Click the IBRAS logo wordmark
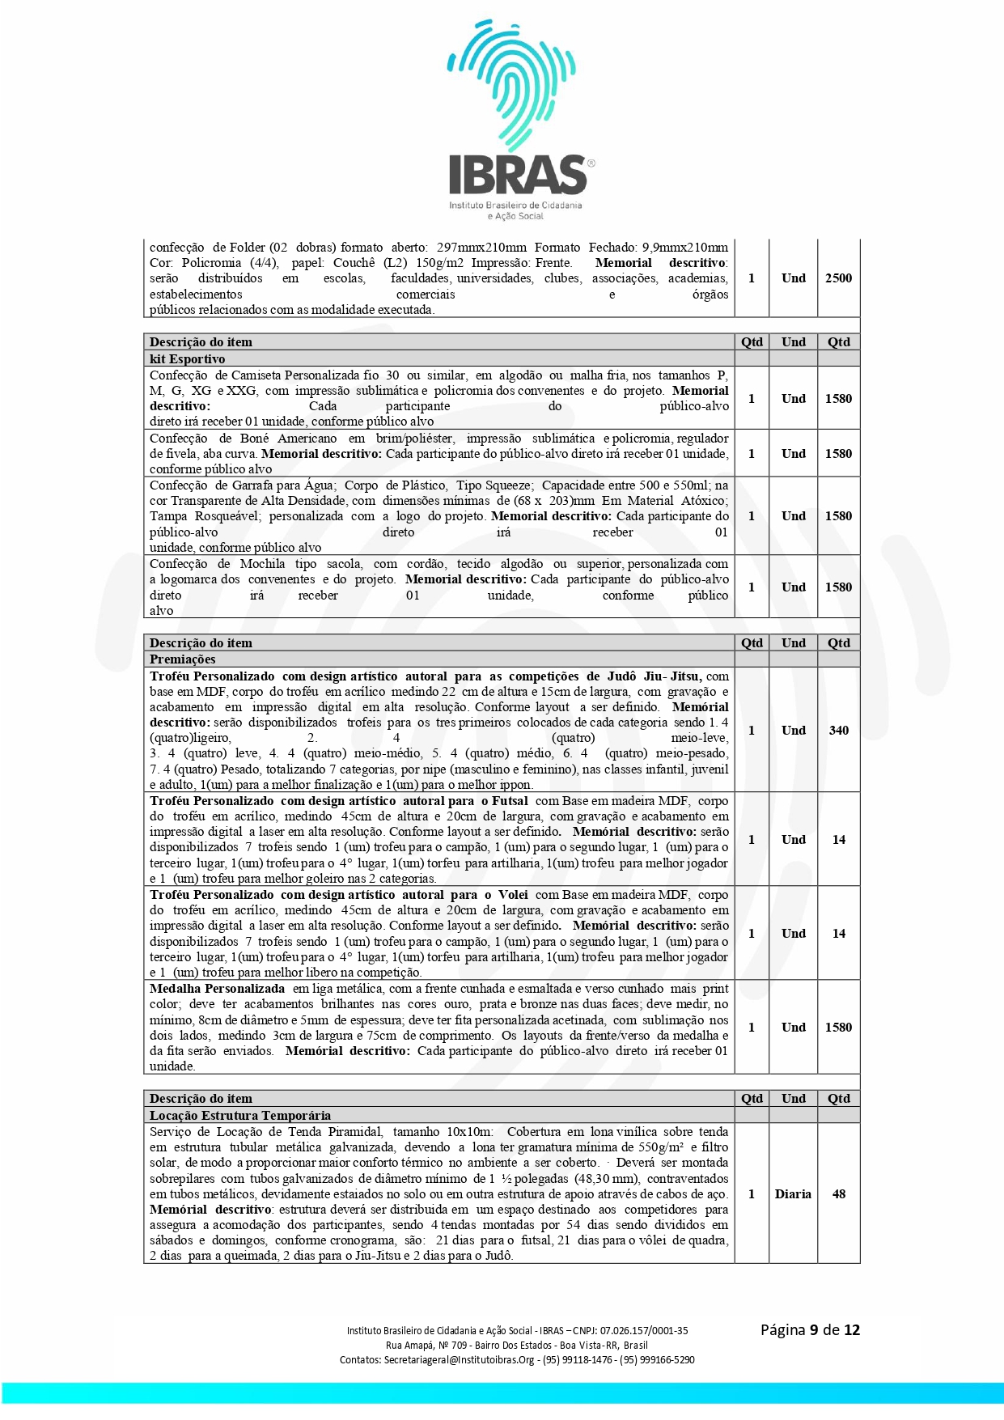(x=518, y=175)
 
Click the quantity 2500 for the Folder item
(x=838, y=278)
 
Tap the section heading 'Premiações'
(x=183, y=659)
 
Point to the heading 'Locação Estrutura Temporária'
(x=240, y=1115)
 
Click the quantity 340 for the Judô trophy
(x=838, y=731)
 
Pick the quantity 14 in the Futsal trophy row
(x=839, y=840)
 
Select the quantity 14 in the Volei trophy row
(x=839, y=934)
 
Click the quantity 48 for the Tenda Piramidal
(x=839, y=1194)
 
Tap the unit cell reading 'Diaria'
(x=793, y=1194)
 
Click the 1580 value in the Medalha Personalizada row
(x=838, y=1028)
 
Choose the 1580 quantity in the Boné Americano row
(x=838, y=454)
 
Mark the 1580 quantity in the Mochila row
(x=838, y=587)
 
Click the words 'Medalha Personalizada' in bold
(x=217, y=989)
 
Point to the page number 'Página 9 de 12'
(x=810, y=1330)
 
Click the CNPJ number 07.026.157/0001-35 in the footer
(x=644, y=1331)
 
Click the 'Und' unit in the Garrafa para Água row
(x=793, y=516)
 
